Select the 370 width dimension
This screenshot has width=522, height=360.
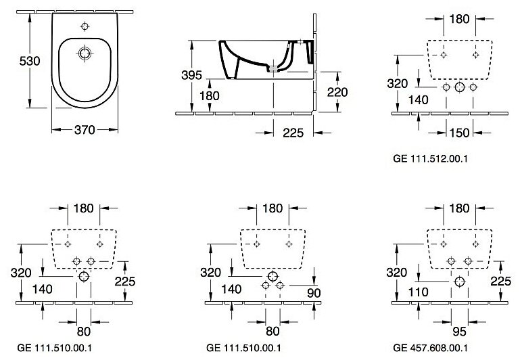pos(84,129)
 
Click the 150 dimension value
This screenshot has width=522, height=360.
pos(459,133)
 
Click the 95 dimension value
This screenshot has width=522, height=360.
pos(460,332)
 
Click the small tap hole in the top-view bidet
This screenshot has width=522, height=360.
pos(85,26)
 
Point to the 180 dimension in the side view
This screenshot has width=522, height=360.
pos(210,96)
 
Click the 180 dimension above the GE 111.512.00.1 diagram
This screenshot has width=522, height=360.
pos(460,18)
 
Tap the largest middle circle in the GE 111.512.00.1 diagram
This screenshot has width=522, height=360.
pos(460,87)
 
